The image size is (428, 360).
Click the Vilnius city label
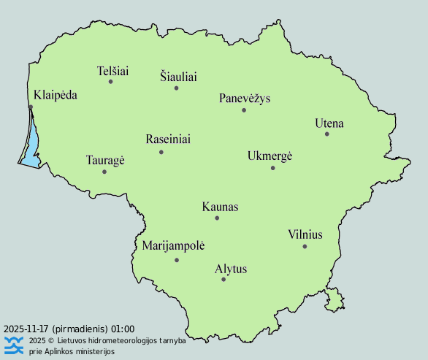tap(305, 234)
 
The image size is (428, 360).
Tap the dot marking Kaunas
tap(217, 218)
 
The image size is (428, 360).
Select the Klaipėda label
tap(55, 95)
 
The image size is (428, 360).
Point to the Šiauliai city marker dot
tap(176, 88)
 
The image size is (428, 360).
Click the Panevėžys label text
tap(244, 99)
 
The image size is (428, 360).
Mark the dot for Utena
tap(327, 134)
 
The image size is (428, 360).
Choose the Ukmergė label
tap(270, 156)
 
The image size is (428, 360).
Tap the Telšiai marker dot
tap(111, 82)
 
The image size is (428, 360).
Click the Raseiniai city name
tap(168, 139)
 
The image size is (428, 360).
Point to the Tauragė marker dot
tap(104, 172)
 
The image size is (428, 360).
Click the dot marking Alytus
tap(223, 280)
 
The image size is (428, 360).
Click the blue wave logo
tap(14, 345)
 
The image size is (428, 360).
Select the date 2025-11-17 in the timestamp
tap(26, 329)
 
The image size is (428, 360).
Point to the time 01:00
tap(123, 329)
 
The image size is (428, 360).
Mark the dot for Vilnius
tap(305, 246)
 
